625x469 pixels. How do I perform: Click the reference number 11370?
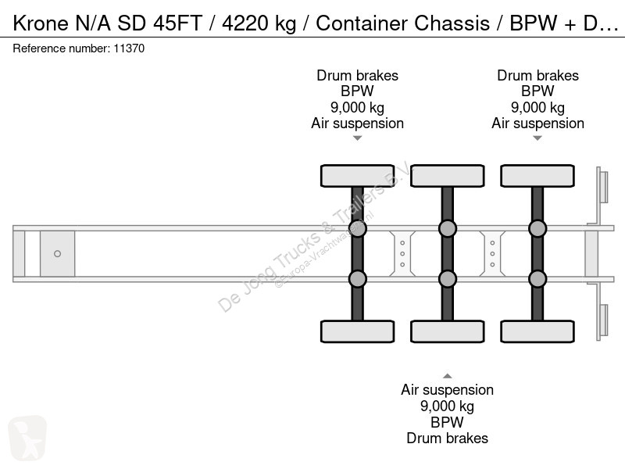tap(129, 48)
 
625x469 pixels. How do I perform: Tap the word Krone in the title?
tap(41, 23)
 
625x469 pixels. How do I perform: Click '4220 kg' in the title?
tap(259, 23)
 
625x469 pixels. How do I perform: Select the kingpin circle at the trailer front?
tap(57, 253)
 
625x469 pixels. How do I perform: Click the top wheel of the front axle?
tap(358, 176)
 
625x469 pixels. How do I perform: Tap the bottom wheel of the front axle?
tap(358, 331)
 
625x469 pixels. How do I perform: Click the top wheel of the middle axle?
tap(448, 176)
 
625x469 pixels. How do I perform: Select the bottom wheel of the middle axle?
tap(448, 331)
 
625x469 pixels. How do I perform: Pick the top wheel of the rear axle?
tap(537, 176)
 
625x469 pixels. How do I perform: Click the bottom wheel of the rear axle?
tap(537, 331)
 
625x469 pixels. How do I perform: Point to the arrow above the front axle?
tap(358, 138)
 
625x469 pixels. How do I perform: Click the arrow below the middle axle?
tap(448, 376)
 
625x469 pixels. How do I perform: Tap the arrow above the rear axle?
tap(537, 138)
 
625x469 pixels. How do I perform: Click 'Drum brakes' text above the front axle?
tap(358, 75)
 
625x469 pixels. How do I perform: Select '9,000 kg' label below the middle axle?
tap(447, 406)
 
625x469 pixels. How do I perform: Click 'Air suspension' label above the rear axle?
tap(537, 124)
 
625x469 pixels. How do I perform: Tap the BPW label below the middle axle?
tap(447, 422)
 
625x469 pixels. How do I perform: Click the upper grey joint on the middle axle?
tap(448, 228)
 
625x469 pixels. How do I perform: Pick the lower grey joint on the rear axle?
tap(537, 279)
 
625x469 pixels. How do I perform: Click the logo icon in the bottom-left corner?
tap(27, 437)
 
